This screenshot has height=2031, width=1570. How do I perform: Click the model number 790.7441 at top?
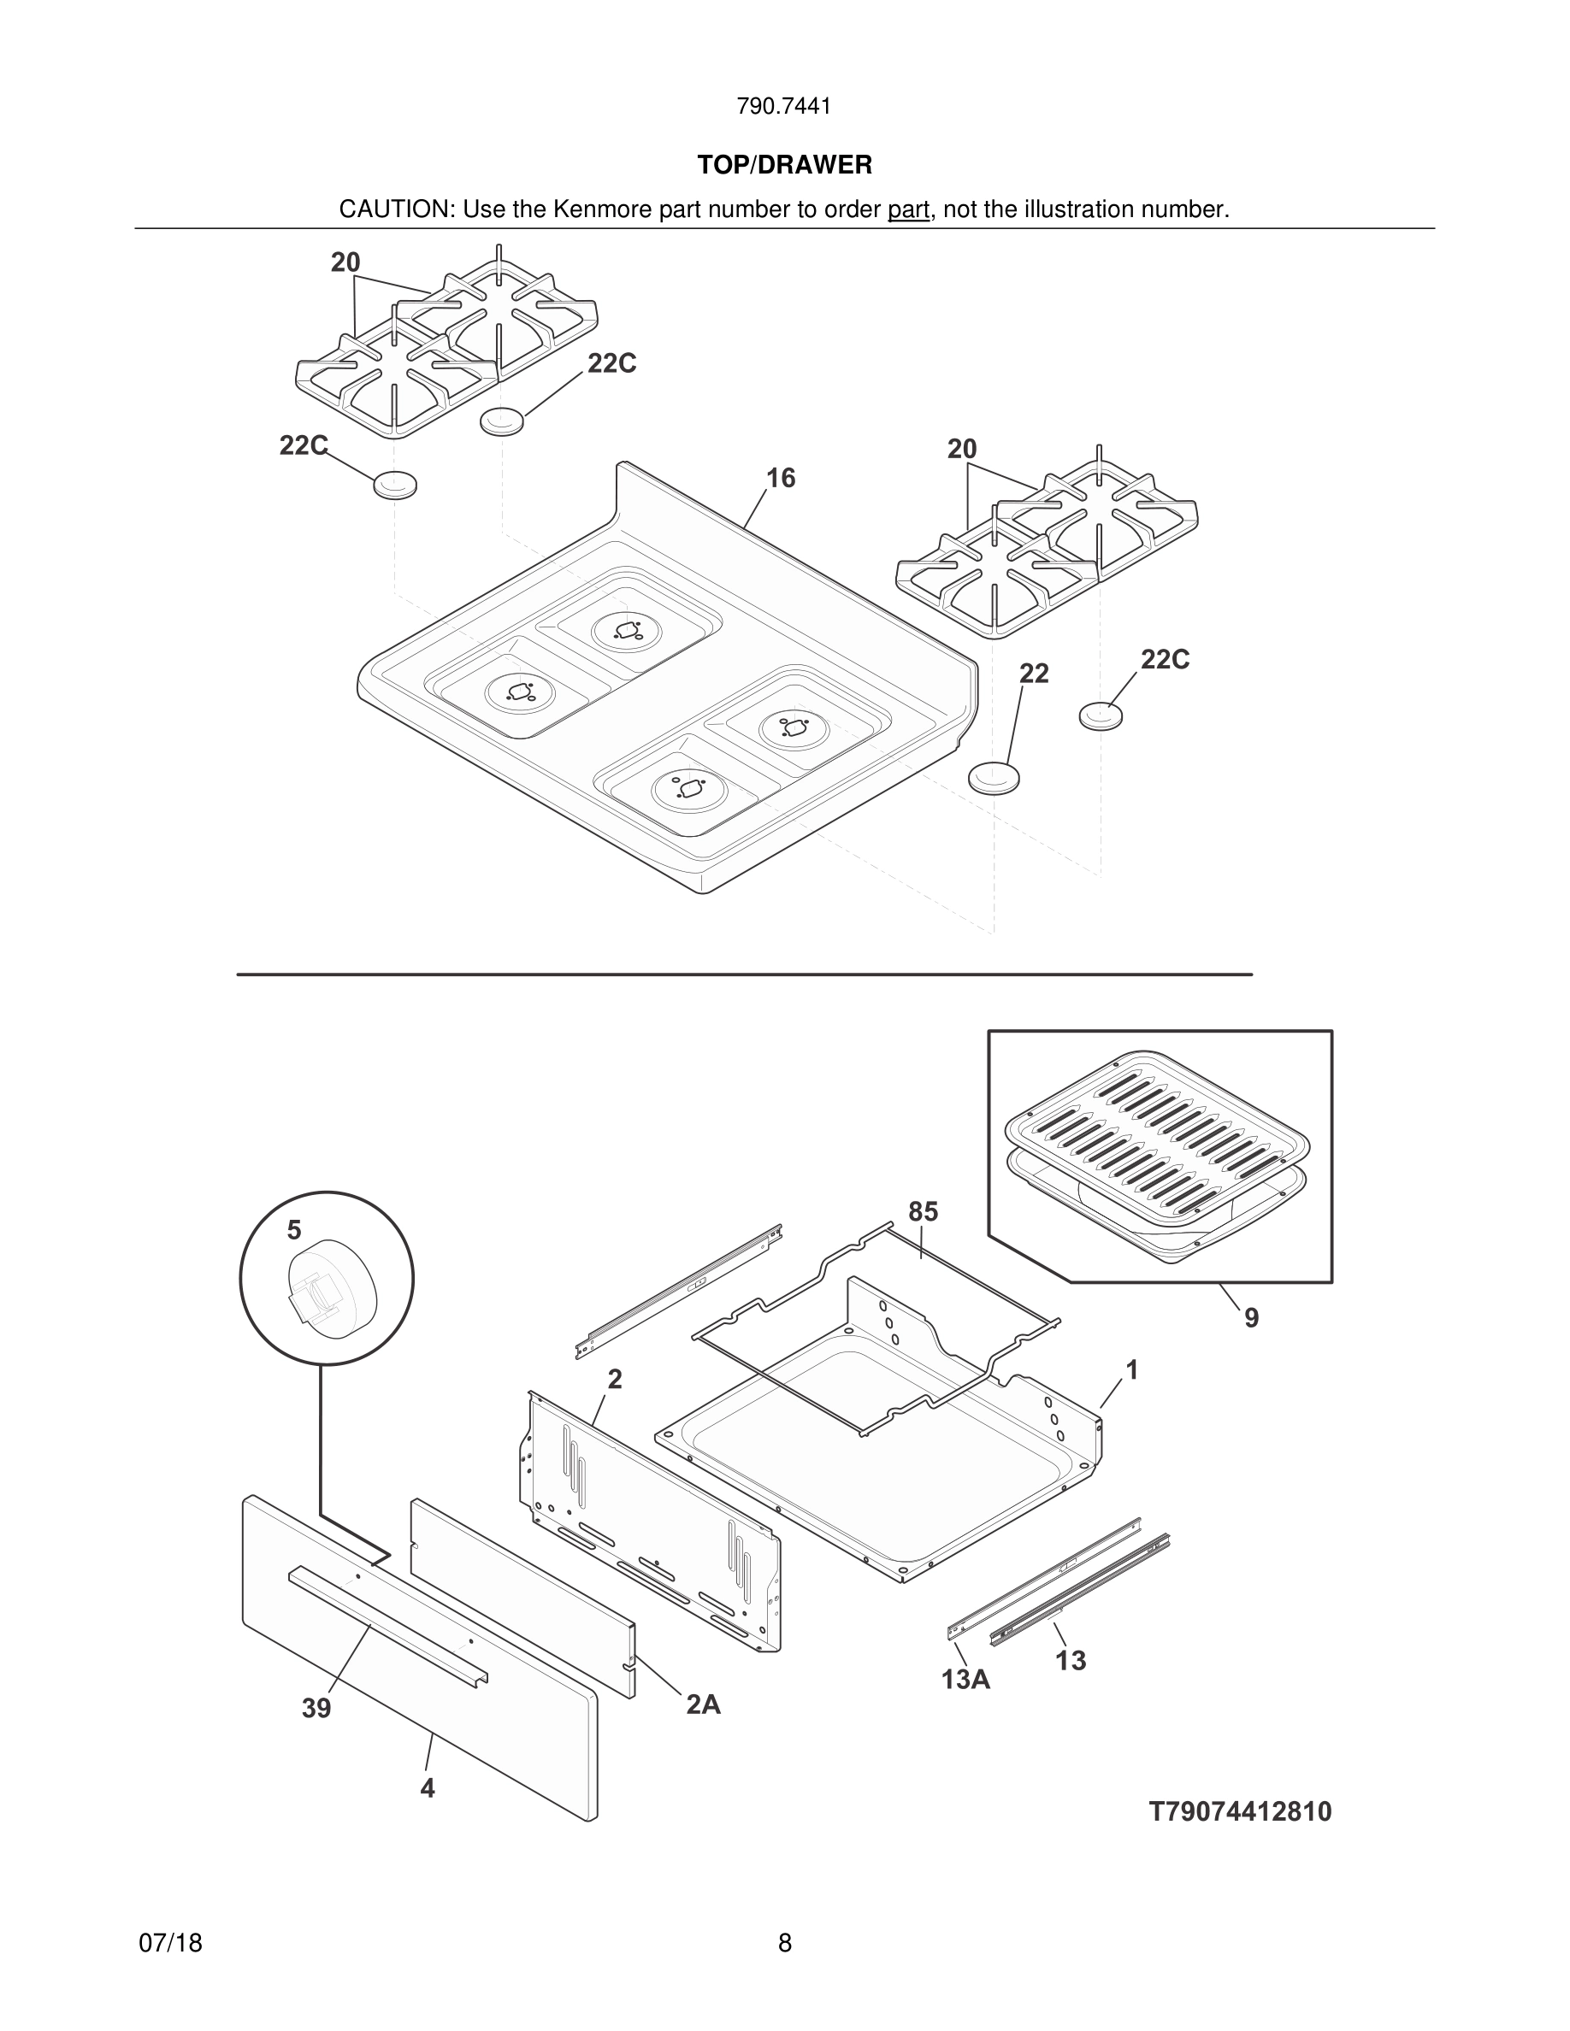click(783, 107)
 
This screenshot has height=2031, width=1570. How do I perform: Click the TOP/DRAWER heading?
click(784, 166)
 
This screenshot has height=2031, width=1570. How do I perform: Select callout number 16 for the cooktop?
click(781, 478)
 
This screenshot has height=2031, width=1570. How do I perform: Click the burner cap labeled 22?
click(994, 777)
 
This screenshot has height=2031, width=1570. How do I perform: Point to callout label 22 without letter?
click(1033, 674)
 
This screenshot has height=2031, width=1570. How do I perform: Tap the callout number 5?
click(294, 1230)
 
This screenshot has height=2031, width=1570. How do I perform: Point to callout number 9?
click(1251, 1318)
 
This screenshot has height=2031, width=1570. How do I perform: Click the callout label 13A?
click(965, 1679)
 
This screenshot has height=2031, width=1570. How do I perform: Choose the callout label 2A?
click(703, 1704)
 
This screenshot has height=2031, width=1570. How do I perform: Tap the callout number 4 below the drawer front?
click(427, 1787)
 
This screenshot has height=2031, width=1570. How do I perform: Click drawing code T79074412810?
click(1240, 1811)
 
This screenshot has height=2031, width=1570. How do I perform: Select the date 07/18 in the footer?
click(170, 1943)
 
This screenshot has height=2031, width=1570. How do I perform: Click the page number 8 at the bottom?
click(784, 1943)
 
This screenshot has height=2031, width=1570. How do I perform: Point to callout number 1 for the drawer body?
click(1132, 1369)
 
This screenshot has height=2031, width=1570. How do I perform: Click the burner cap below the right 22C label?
click(1101, 717)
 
